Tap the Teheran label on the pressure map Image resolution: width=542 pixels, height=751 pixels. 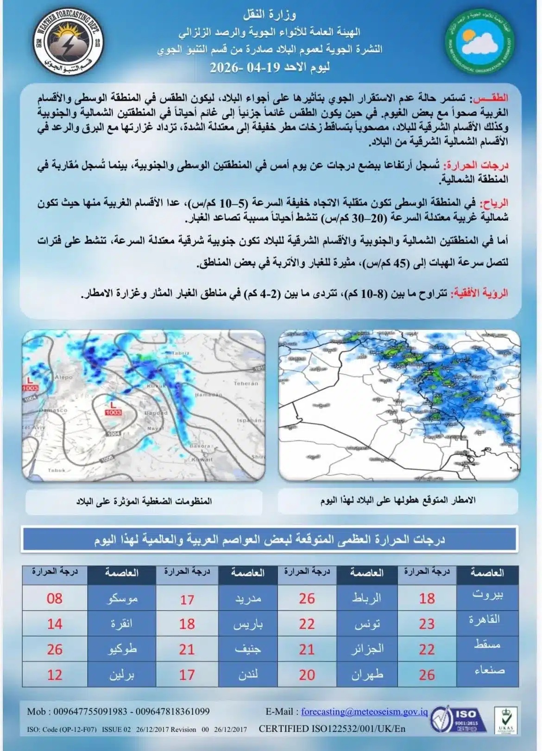[x=246, y=383]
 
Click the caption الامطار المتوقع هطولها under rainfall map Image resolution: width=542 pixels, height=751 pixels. [x=398, y=501]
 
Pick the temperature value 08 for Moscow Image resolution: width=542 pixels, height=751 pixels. [x=54, y=598]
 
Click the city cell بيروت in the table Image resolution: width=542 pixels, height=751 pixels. [x=487, y=595]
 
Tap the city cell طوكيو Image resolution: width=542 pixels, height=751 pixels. [x=121, y=649]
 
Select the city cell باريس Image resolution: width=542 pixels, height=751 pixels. [x=248, y=624]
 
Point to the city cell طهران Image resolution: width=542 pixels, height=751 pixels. [x=367, y=675]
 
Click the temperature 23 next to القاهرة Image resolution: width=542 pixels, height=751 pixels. [x=427, y=624]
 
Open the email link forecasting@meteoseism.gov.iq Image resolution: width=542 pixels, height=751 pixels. [x=364, y=712]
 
